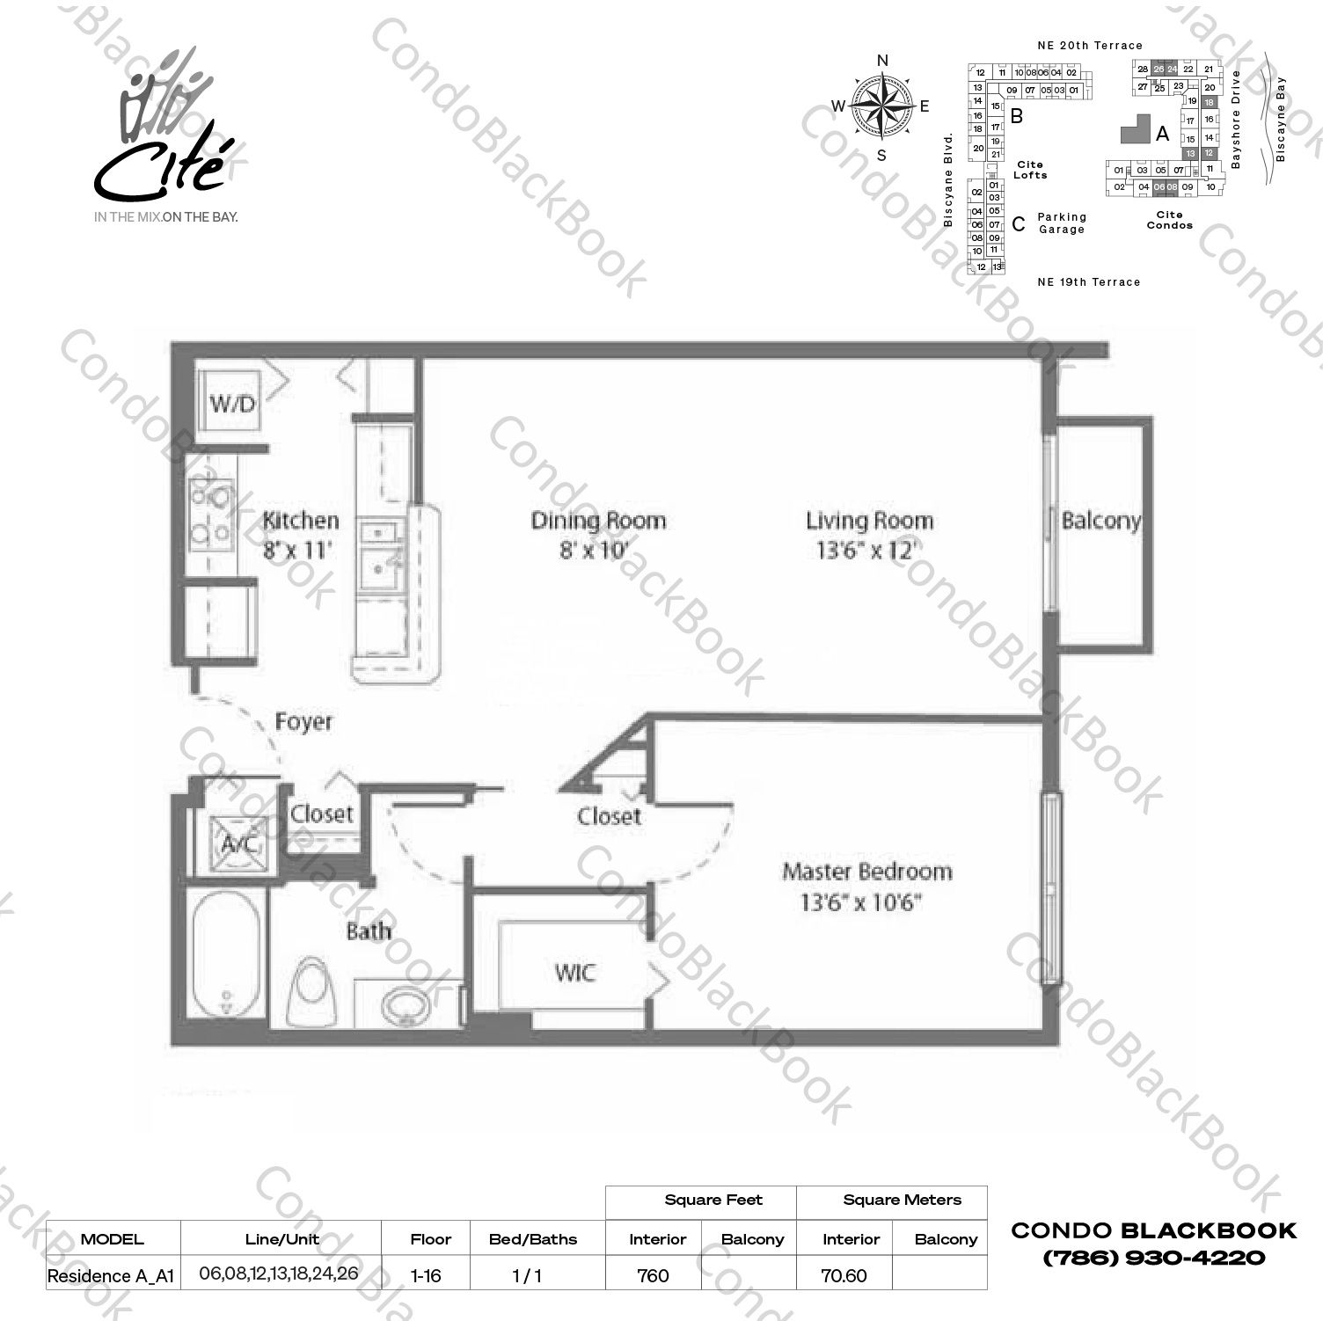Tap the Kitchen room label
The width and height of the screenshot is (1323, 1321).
pos(300,521)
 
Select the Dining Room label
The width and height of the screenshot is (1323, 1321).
pos(598,521)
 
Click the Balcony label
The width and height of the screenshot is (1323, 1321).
pos(1100,521)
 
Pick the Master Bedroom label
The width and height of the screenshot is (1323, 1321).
pos(866,872)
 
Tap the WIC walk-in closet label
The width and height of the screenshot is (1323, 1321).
pos(574,973)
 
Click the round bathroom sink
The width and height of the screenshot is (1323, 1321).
pos(406,1004)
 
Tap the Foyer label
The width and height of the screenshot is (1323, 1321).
pos(303,722)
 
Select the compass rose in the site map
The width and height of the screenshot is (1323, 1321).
pos(881,106)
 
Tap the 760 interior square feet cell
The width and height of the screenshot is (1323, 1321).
pos(653,1275)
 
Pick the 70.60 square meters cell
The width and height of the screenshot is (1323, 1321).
pos(844,1275)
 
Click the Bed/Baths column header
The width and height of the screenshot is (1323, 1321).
pos(533,1239)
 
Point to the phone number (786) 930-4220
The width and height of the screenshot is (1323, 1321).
pos(1153,1258)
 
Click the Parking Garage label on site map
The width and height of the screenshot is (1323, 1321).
pos(1062,223)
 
